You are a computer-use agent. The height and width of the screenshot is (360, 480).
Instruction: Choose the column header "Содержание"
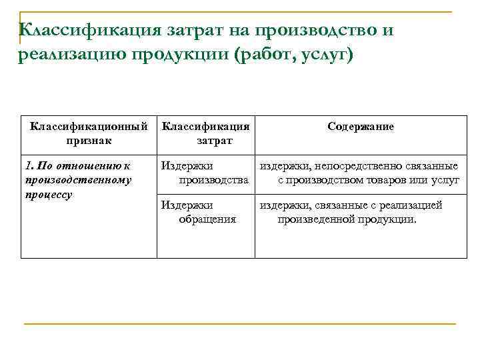tap(361, 127)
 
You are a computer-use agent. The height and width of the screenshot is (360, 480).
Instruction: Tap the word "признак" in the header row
tap(89, 141)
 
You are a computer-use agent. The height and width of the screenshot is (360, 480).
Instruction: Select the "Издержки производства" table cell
tap(205, 173)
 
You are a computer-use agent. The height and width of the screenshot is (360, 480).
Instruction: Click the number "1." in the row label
tap(29, 166)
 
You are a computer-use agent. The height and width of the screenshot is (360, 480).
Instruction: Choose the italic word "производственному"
tap(77, 180)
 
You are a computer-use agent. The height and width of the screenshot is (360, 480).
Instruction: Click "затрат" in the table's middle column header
tap(214, 141)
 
